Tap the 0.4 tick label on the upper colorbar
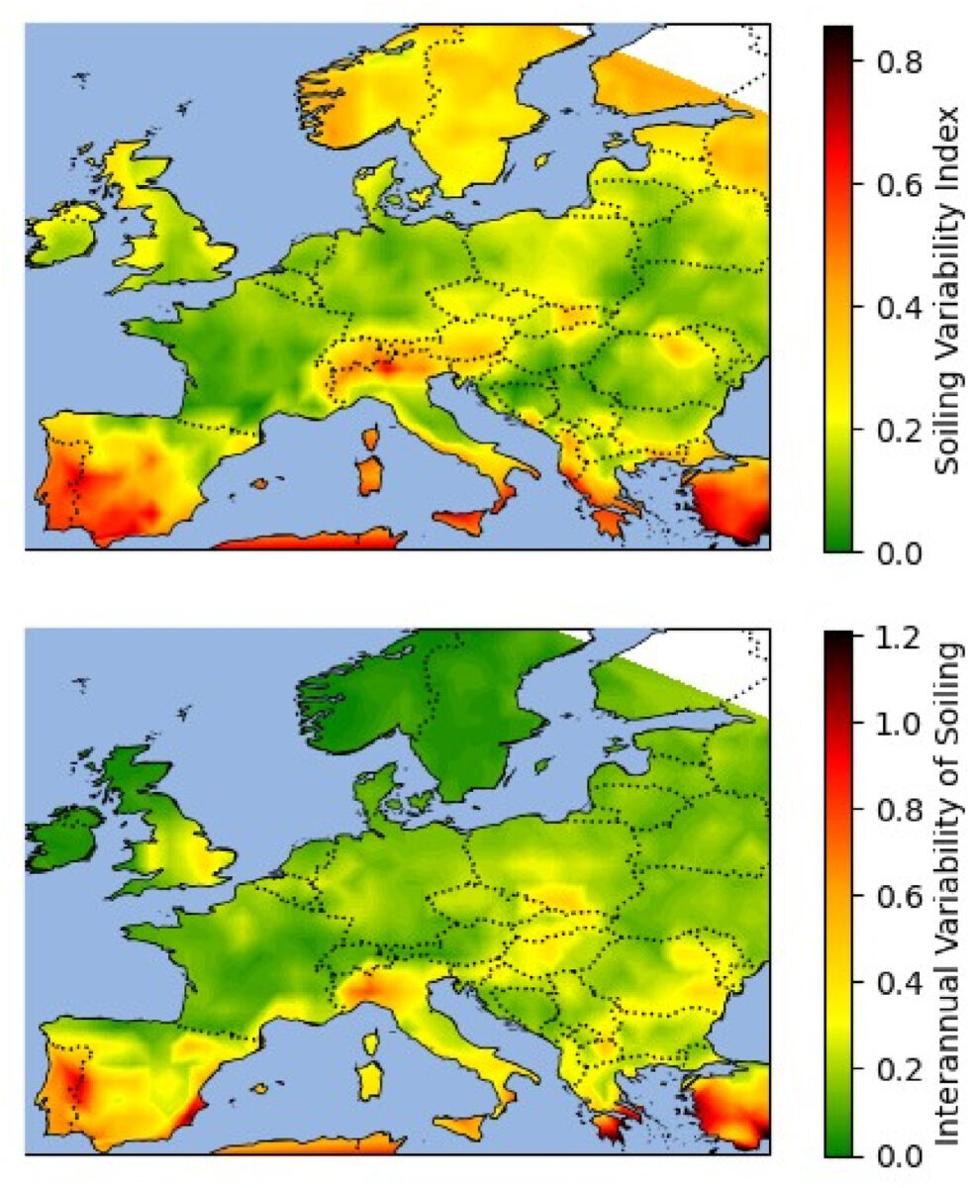coord(895,307)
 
